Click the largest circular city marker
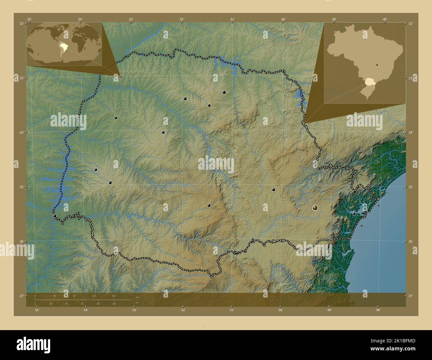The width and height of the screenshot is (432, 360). coord(315,208)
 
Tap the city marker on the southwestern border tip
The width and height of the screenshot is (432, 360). coord(54,216)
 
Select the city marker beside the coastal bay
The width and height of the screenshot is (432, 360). coord(355,214)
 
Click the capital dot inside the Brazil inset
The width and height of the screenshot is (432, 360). coord(377,65)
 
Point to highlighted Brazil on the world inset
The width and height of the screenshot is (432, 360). coord(63,46)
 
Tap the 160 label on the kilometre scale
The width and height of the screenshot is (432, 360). coord(114,296)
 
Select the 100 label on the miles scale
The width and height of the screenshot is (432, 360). coord(114,304)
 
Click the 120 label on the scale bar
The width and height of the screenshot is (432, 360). coord(94,296)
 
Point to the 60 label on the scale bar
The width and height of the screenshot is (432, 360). coord(82,304)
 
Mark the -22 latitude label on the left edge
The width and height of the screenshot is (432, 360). coord(21,24)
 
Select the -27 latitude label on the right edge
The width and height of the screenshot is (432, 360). coord(410,296)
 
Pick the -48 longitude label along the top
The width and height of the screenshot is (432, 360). coord(385,19)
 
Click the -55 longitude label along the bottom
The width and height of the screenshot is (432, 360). coord(37,310)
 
